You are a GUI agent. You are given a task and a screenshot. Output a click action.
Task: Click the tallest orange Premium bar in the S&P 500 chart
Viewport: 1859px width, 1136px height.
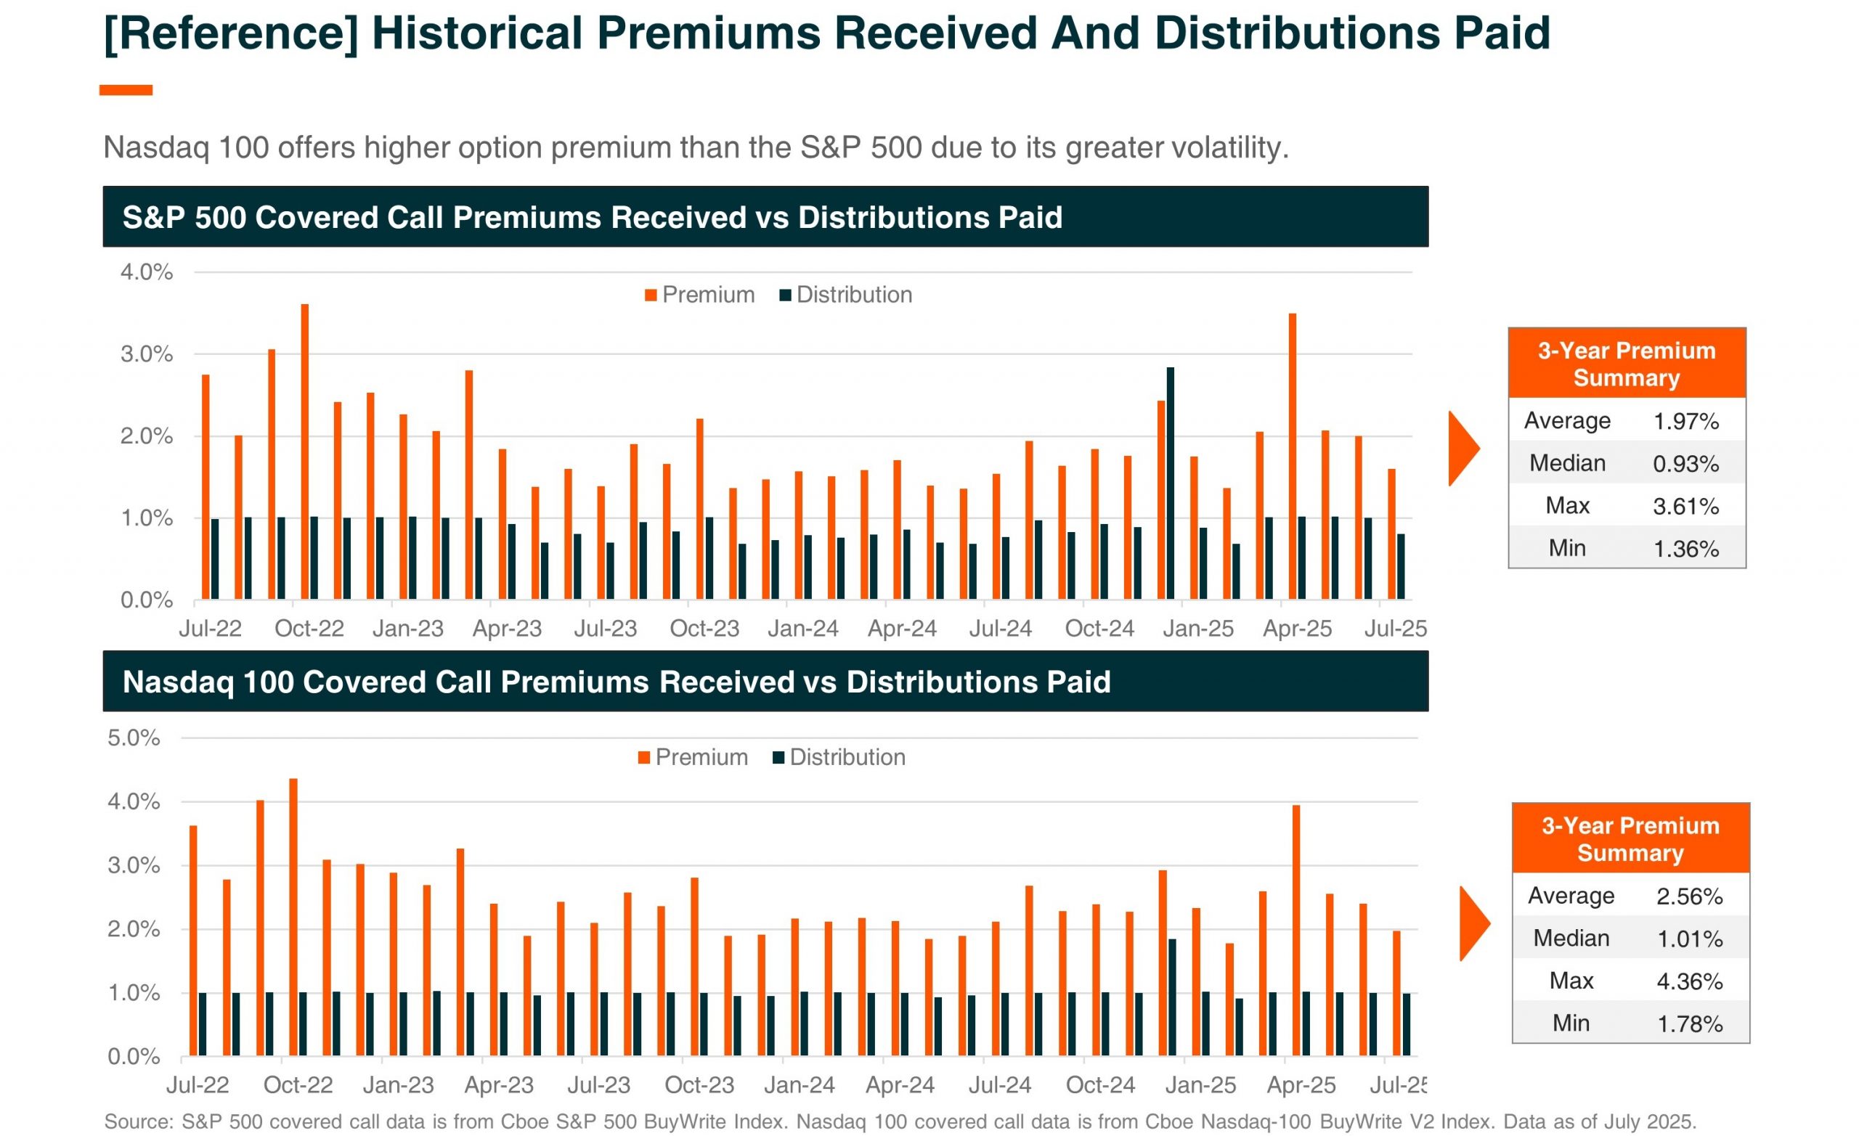pos(305,453)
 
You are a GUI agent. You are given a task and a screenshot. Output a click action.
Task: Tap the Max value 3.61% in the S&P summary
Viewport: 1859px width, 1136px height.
pos(1685,506)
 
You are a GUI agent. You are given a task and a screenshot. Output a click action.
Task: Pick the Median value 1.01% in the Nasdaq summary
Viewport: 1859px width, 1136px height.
pos(1689,939)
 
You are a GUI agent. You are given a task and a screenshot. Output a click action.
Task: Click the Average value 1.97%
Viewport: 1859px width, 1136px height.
pos(1685,421)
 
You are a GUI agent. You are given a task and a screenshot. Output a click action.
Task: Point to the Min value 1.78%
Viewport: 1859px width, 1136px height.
pos(1689,1024)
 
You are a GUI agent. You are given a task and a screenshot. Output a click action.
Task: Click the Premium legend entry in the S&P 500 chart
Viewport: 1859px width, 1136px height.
pos(699,295)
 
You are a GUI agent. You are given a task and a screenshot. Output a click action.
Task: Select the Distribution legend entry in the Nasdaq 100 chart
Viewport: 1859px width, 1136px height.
pos(839,757)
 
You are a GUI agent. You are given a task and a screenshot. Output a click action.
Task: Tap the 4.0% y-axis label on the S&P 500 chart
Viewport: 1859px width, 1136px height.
pos(147,272)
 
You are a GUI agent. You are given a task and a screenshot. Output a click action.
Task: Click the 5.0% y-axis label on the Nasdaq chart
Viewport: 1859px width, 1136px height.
pos(134,737)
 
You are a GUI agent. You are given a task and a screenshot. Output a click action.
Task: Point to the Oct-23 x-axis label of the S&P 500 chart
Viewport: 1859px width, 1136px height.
pos(704,629)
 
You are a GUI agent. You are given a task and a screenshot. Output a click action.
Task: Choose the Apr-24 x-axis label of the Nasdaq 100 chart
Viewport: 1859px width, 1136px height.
pos(899,1084)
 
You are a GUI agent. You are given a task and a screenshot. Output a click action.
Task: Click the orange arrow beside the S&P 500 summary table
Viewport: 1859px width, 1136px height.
pos(1463,449)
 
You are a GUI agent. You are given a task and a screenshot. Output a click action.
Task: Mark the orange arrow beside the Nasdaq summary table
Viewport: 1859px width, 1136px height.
pos(1474,923)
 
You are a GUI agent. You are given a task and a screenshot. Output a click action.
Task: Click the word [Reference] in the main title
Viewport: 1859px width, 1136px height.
pos(230,34)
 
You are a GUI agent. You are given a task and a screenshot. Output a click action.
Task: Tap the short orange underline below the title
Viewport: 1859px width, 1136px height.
pos(126,91)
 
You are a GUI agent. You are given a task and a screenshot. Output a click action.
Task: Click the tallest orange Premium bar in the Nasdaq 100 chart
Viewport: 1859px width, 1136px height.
pos(293,917)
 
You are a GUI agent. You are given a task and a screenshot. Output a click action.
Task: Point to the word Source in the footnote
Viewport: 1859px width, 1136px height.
pos(138,1121)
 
